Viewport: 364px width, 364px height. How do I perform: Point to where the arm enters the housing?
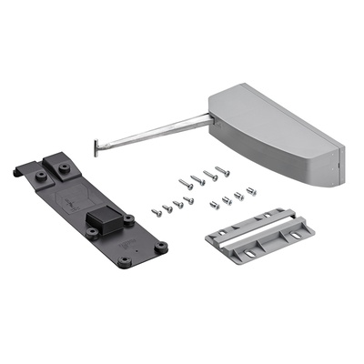(x=211, y=117)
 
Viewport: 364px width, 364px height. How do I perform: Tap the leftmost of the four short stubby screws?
(x=216, y=203)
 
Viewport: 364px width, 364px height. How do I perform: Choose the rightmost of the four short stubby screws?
(x=251, y=191)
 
